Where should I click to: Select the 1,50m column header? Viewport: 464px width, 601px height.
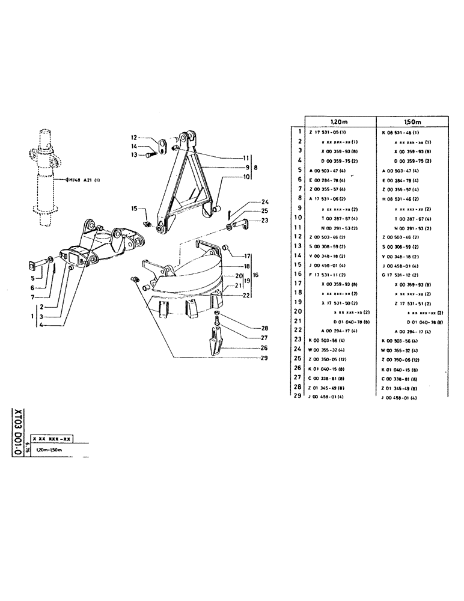(x=414, y=121)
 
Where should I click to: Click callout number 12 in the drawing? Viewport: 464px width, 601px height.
(x=135, y=137)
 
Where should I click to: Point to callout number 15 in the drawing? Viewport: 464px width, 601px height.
(x=135, y=208)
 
